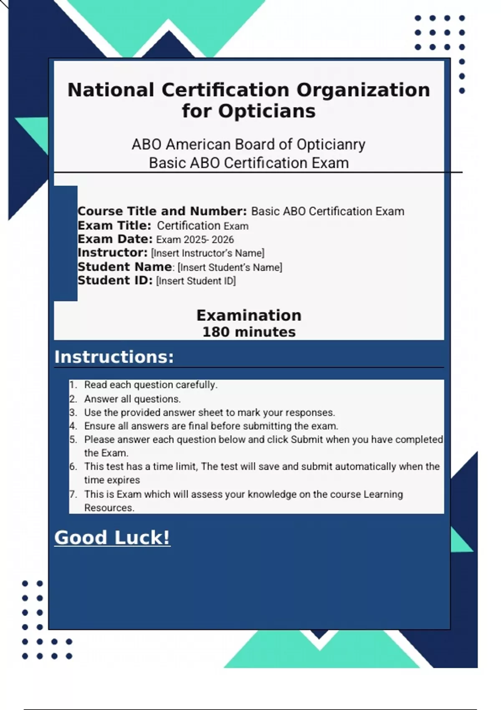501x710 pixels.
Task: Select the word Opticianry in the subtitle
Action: click(x=331, y=145)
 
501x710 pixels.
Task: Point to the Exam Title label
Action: click(x=114, y=226)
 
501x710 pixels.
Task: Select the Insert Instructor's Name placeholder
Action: click(x=207, y=253)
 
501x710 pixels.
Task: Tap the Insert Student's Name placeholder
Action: click(x=230, y=267)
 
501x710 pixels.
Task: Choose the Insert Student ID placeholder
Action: click(x=196, y=281)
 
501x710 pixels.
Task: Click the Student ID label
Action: click(x=115, y=281)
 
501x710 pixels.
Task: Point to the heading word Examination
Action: click(x=249, y=315)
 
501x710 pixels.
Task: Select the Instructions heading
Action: click(x=114, y=357)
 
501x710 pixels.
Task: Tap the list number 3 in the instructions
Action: click(x=73, y=413)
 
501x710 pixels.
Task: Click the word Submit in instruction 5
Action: click(x=307, y=440)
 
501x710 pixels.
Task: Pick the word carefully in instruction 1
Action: click(x=196, y=385)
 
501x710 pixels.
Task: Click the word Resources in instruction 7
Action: click(x=109, y=508)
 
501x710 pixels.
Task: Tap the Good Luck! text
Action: click(x=112, y=538)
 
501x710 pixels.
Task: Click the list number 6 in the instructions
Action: click(x=73, y=467)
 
